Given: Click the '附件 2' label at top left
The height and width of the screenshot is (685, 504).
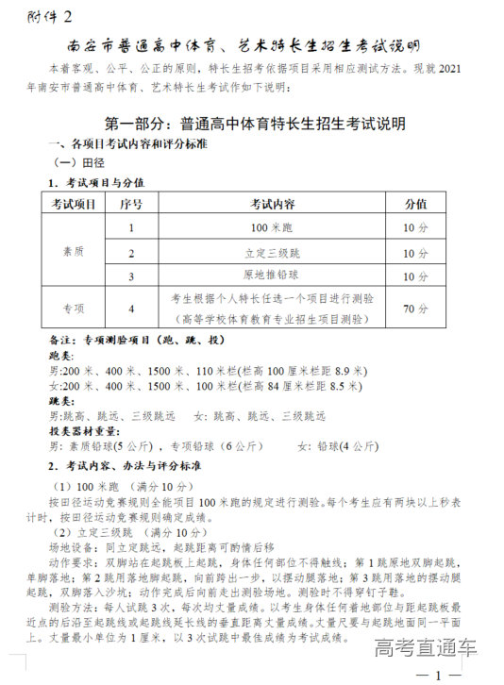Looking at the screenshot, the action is [50, 16].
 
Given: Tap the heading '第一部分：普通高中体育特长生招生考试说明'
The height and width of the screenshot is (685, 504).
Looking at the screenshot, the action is [252, 125].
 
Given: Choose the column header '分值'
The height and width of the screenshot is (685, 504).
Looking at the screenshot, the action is [415, 204].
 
